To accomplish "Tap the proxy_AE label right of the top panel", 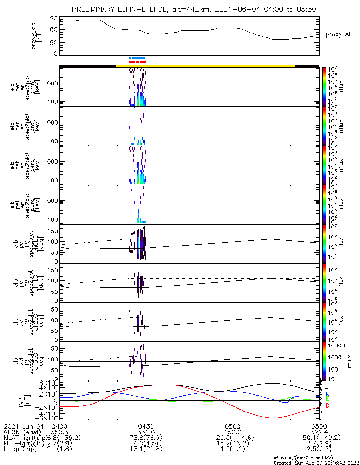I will pyautogui.click(x=339, y=34).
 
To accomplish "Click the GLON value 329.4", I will pyautogui.click(x=319, y=432).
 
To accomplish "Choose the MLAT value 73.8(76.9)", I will pyautogui.click(x=146, y=438).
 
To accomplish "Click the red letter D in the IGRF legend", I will pyautogui.click(x=327, y=406).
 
